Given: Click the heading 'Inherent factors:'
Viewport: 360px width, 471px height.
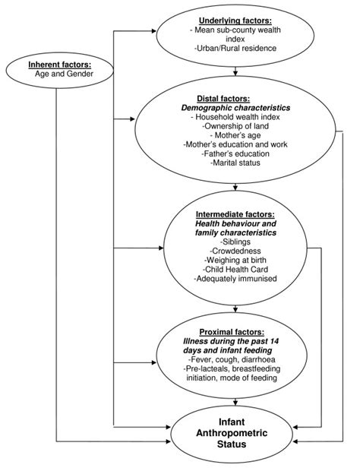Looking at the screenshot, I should click(60, 65).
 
